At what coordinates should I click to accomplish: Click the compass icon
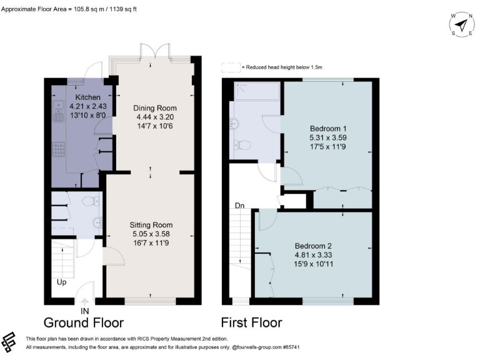(x=462, y=25)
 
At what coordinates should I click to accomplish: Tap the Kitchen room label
(x=88, y=98)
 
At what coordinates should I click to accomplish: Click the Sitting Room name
(x=151, y=224)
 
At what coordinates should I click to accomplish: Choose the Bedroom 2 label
(x=312, y=246)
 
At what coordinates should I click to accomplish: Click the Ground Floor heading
(x=86, y=322)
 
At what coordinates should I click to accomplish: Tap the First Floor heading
(x=251, y=322)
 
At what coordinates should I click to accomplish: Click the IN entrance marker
(x=85, y=311)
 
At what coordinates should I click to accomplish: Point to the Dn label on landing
(x=239, y=205)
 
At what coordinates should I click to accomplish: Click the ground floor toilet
(x=91, y=201)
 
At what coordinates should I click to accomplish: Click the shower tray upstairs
(x=256, y=92)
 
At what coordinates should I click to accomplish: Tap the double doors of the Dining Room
(x=154, y=51)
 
